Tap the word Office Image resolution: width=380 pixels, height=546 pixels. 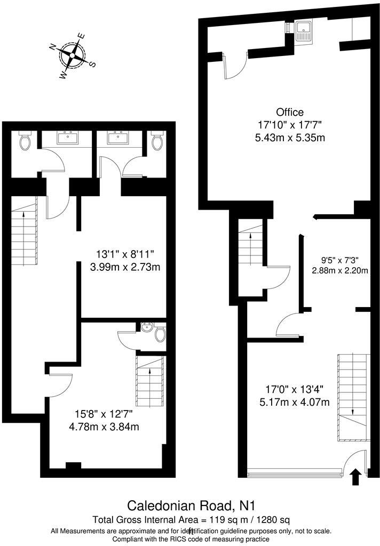click(x=290, y=112)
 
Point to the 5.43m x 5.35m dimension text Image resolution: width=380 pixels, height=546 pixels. click(x=290, y=138)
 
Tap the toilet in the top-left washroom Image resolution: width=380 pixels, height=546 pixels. click(x=25, y=141)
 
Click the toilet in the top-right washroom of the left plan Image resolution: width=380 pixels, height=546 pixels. click(x=157, y=141)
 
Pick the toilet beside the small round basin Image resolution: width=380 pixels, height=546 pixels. click(x=160, y=334)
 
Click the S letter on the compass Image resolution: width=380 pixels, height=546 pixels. click(x=92, y=64)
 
